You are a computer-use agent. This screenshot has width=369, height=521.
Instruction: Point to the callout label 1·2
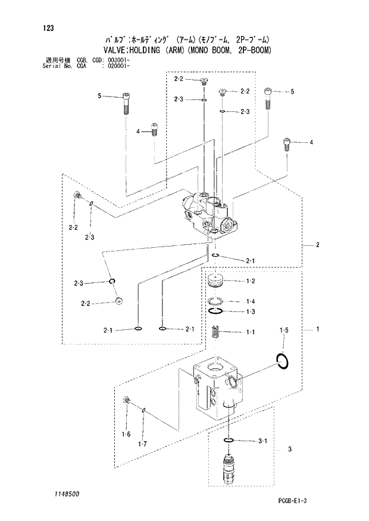click(x=251, y=280)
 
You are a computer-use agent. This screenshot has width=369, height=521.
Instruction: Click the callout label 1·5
click(x=284, y=330)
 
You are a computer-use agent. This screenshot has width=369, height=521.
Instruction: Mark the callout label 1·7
click(x=143, y=444)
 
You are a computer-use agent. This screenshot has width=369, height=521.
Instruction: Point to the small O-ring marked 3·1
click(x=228, y=441)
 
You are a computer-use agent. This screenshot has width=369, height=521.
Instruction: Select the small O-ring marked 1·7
click(x=144, y=408)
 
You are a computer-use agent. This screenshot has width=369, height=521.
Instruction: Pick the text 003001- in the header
click(x=117, y=61)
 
